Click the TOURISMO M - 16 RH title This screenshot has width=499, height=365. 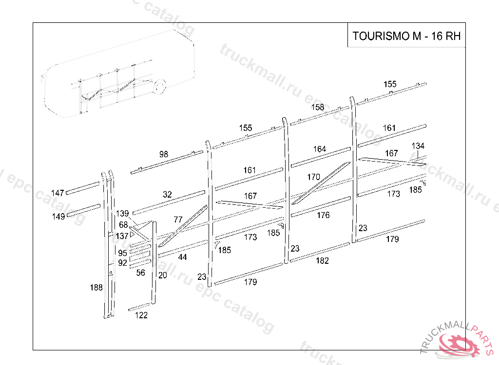(406, 36)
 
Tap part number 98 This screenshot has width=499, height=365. (164, 154)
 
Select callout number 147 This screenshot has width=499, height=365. (58, 193)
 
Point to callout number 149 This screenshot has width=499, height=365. (58, 217)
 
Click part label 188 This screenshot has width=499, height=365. (96, 288)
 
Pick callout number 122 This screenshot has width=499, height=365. (141, 315)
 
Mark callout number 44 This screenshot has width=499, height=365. (182, 257)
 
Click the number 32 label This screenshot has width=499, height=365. (167, 194)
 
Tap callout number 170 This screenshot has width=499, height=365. (313, 177)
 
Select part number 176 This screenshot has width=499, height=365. (323, 215)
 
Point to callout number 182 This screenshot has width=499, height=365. (322, 261)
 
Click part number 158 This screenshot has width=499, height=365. (318, 107)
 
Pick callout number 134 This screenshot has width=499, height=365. (418, 146)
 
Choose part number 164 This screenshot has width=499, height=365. (320, 149)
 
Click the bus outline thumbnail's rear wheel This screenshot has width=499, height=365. (159, 87)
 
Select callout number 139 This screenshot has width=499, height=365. (122, 214)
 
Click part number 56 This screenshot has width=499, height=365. (140, 273)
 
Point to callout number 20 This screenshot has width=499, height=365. (163, 275)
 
